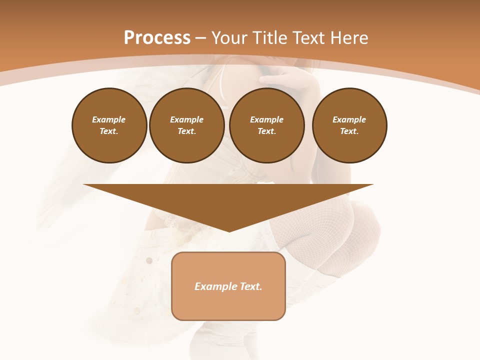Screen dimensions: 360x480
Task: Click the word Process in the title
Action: point(157,38)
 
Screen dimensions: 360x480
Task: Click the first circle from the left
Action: point(109,125)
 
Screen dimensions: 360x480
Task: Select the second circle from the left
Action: point(186,125)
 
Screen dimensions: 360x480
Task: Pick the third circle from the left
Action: point(266,125)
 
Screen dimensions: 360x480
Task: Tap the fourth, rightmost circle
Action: point(349,125)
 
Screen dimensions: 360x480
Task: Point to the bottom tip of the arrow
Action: point(229,231)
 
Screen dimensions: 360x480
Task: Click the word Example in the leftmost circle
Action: point(109,119)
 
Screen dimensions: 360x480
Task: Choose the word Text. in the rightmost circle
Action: point(349,131)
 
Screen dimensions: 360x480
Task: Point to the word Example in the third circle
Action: point(266,119)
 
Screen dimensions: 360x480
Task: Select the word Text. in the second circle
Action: point(186,131)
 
